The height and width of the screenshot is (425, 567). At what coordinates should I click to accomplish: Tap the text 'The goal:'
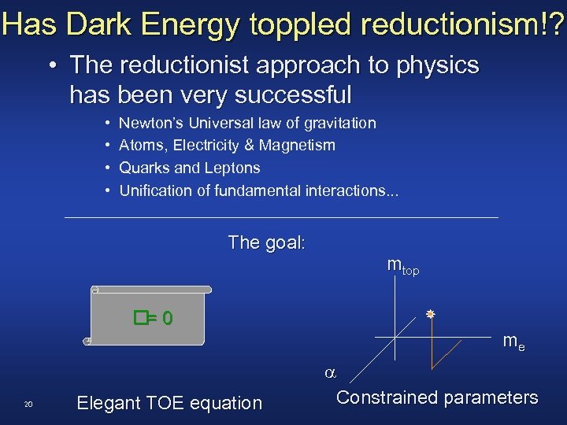(x=266, y=242)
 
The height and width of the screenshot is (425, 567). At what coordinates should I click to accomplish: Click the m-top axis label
(x=402, y=265)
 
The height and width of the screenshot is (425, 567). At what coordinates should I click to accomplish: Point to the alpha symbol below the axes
(x=331, y=371)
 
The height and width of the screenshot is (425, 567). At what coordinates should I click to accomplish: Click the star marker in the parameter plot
(x=431, y=314)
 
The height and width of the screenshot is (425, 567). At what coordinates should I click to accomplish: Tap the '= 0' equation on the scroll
(x=154, y=318)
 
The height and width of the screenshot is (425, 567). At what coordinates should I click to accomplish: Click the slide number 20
(x=28, y=405)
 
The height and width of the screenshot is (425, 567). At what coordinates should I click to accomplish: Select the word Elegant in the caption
(x=107, y=403)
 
